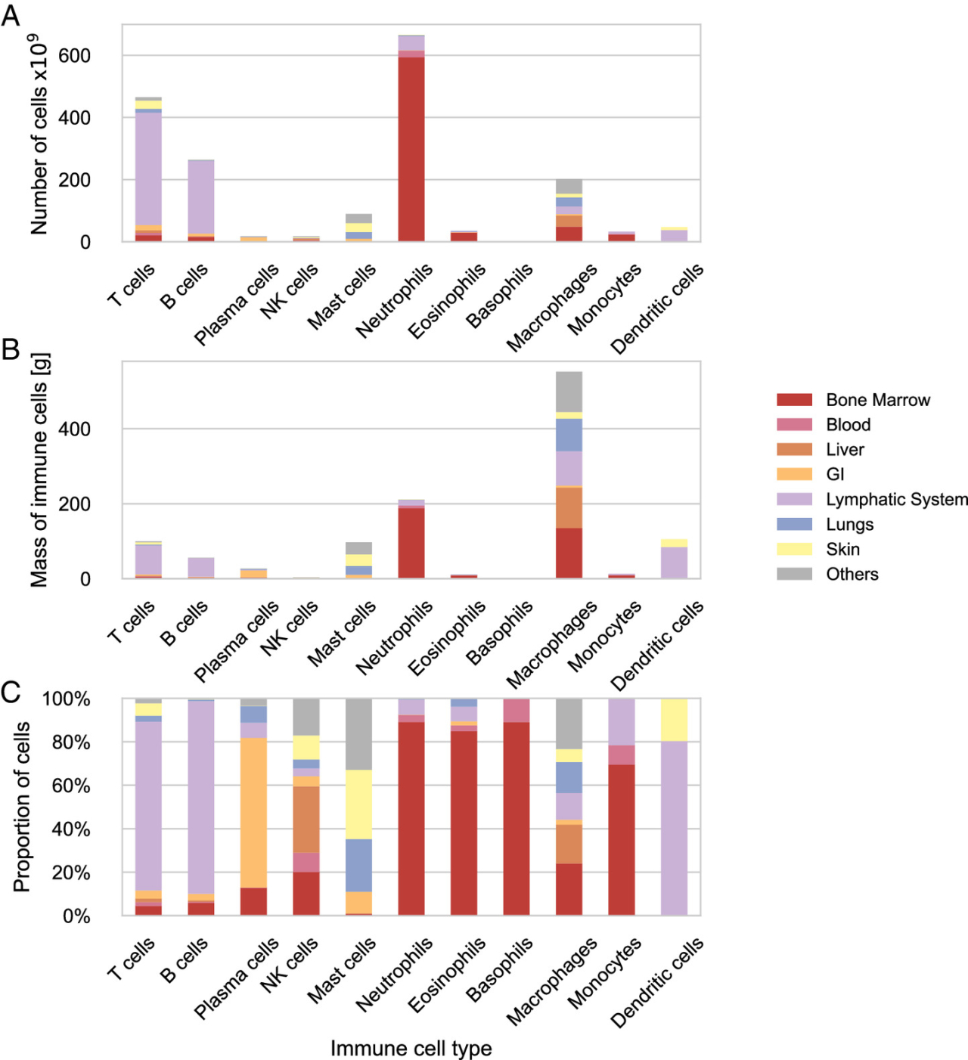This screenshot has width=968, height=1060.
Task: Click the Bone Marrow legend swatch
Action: (794, 400)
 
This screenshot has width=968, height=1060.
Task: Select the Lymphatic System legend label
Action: (896, 500)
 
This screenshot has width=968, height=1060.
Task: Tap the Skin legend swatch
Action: (794, 550)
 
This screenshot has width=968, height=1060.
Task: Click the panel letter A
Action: (11, 15)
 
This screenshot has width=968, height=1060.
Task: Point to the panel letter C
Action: (11, 693)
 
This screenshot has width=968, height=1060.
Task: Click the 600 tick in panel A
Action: (74, 56)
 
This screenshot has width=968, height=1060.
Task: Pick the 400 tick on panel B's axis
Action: (74, 429)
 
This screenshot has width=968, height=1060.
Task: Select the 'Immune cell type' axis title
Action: (411, 1049)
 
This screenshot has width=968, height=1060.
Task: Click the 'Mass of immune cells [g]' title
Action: (39, 470)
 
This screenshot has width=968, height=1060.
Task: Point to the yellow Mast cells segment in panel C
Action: (358, 804)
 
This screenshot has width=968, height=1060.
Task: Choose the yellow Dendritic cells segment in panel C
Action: (674, 720)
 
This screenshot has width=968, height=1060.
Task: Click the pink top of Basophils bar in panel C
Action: (517, 711)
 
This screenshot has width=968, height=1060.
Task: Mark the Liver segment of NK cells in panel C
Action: (306, 820)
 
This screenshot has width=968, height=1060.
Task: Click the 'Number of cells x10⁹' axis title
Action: (39, 134)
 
